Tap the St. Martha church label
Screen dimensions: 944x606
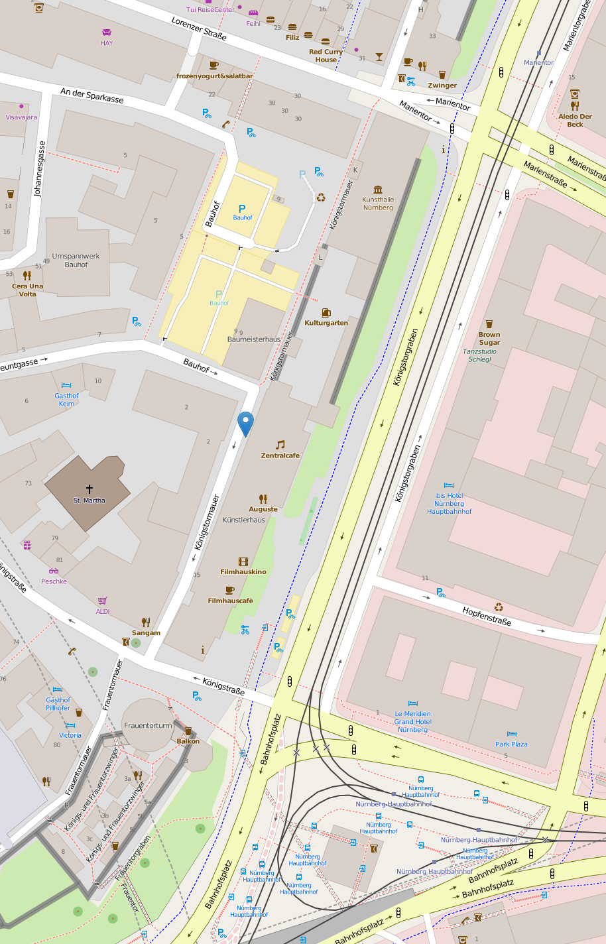(90, 501)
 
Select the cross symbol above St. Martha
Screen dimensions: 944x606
(90, 489)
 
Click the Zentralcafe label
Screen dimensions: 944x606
(280, 455)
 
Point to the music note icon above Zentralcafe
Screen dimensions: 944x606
(280, 445)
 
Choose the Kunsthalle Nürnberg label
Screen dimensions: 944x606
(378, 204)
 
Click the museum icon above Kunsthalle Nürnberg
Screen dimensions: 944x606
(378, 190)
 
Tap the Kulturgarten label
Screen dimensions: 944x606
(326, 323)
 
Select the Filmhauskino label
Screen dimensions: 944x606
(243, 571)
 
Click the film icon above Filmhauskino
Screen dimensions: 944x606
(243, 561)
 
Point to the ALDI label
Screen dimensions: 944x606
(103, 611)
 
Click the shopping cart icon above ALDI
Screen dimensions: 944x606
(103, 601)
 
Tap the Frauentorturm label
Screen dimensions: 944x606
(148, 725)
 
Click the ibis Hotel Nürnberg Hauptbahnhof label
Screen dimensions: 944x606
(450, 504)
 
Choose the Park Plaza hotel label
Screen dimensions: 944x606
(511, 744)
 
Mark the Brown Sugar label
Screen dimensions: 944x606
(489, 339)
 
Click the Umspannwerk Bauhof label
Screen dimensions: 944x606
(76, 260)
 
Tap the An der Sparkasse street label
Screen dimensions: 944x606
(92, 95)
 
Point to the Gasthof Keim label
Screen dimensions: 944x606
(66, 400)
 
